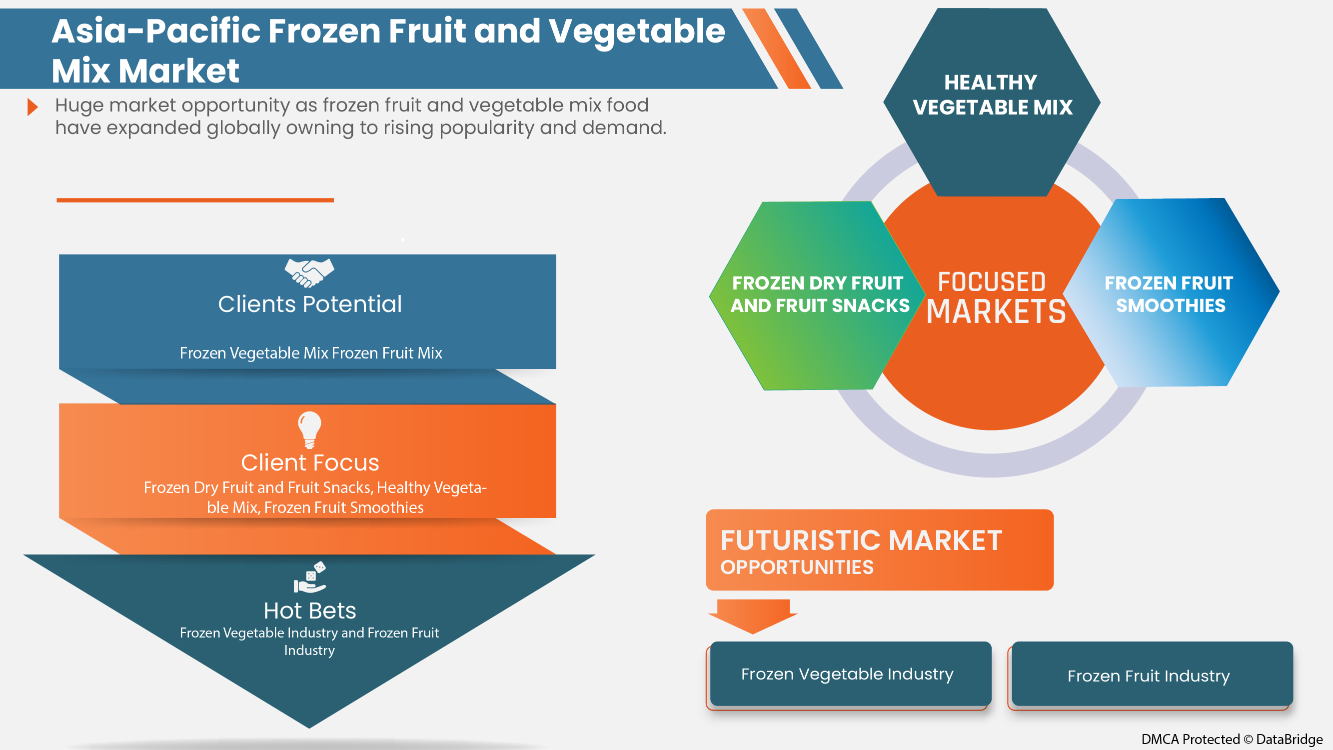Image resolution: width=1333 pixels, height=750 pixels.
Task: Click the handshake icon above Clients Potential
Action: coord(309,272)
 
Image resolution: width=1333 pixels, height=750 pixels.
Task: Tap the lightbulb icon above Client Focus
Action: coord(309,428)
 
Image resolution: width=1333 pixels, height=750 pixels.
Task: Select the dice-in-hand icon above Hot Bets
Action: coord(310,577)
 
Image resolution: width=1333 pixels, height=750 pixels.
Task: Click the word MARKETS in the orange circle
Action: coord(996,311)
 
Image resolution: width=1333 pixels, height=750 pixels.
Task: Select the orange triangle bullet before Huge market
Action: coord(32,107)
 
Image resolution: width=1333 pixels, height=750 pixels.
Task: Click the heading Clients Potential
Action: coord(309,304)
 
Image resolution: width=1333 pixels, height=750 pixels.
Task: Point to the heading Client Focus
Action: coord(309,462)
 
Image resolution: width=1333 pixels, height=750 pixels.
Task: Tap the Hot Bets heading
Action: coord(309,611)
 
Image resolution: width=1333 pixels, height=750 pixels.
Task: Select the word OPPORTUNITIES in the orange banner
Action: coord(797,568)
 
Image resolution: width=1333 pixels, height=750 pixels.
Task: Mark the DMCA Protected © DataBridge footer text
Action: coord(1232,739)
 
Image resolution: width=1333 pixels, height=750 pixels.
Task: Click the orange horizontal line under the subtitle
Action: coord(195,200)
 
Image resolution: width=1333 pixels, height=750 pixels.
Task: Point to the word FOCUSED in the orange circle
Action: coord(992,282)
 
